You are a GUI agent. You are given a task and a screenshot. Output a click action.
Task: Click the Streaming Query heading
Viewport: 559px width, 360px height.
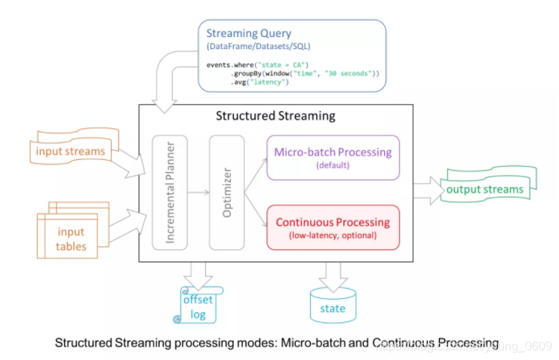pyautogui.click(x=250, y=32)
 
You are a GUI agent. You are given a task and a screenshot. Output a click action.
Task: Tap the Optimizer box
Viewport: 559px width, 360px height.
pyautogui.click(x=227, y=192)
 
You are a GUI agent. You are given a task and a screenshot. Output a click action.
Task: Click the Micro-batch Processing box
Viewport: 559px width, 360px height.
pyautogui.click(x=333, y=158)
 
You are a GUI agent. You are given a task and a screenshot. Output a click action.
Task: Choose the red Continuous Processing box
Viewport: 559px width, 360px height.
pyautogui.click(x=333, y=227)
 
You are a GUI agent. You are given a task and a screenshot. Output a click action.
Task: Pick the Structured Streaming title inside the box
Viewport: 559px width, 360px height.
pyautogui.click(x=275, y=116)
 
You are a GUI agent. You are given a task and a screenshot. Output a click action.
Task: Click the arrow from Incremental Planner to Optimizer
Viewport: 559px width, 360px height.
pyautogui.click(x=198, y=193)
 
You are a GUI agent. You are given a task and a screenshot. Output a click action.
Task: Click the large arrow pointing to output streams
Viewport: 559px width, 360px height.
pyautogui.click(x=428, y=190)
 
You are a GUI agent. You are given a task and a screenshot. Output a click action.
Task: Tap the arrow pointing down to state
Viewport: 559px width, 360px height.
pyautogui.click(x=332, y=272)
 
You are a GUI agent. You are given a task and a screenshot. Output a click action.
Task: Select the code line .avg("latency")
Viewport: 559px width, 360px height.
pyautogui.click(x=260, y=82)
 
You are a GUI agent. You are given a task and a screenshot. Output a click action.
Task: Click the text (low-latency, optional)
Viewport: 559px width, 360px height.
pyautogui.click(x=333, y=235)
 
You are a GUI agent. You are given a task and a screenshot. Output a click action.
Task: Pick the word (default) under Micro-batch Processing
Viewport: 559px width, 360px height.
pyautogui.click(x=333, y=165)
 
